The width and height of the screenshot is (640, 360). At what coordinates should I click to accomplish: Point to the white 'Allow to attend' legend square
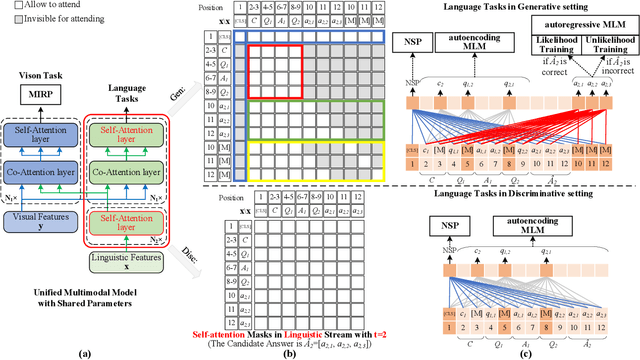point(8,8)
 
